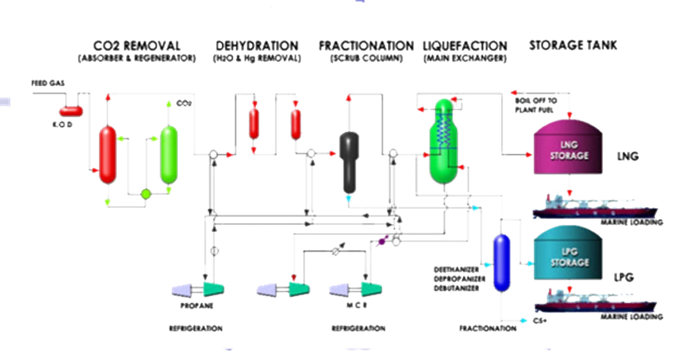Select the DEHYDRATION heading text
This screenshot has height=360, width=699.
click(x=257, y=45)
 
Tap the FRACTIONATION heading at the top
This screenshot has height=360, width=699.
click(x=365, y=45)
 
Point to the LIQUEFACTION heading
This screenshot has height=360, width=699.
click(x=465, y=45)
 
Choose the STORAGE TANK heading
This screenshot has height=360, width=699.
click(x=573, y=45)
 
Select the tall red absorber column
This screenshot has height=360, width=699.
click(x=107, y=155)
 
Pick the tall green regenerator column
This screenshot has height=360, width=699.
click(x=168, y=154)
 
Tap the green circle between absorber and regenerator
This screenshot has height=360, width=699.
click(x=145, y=194)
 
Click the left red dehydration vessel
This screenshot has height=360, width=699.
click(x=254, y=121)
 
